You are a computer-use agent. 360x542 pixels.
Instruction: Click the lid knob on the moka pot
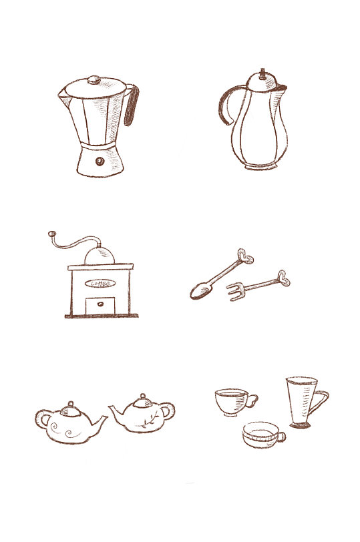tap(94, 80)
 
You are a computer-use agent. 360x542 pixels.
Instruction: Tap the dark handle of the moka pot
tap(132, 105)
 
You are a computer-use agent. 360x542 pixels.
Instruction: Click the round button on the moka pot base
tap(100, 161)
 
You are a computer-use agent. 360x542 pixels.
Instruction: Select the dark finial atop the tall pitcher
tap(262, 73)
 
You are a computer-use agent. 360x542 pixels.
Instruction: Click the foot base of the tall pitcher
tap(261, 167)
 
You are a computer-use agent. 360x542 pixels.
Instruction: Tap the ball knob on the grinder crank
tap(51, 234)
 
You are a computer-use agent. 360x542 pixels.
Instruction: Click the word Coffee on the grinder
tap(100, 284)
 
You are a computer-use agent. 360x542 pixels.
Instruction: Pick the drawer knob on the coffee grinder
tap(100, 304)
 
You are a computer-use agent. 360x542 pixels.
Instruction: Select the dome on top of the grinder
tap(100, 256)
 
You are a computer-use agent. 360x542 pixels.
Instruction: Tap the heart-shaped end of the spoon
tap(245, 256)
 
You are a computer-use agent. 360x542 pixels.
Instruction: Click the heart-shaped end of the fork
tap(284, 278)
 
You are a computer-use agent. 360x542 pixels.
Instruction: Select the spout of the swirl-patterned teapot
tap(100, 424)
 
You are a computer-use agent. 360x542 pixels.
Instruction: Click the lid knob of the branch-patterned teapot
tap(143, 396)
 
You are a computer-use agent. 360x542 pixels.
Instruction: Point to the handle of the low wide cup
tap(281, 437)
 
